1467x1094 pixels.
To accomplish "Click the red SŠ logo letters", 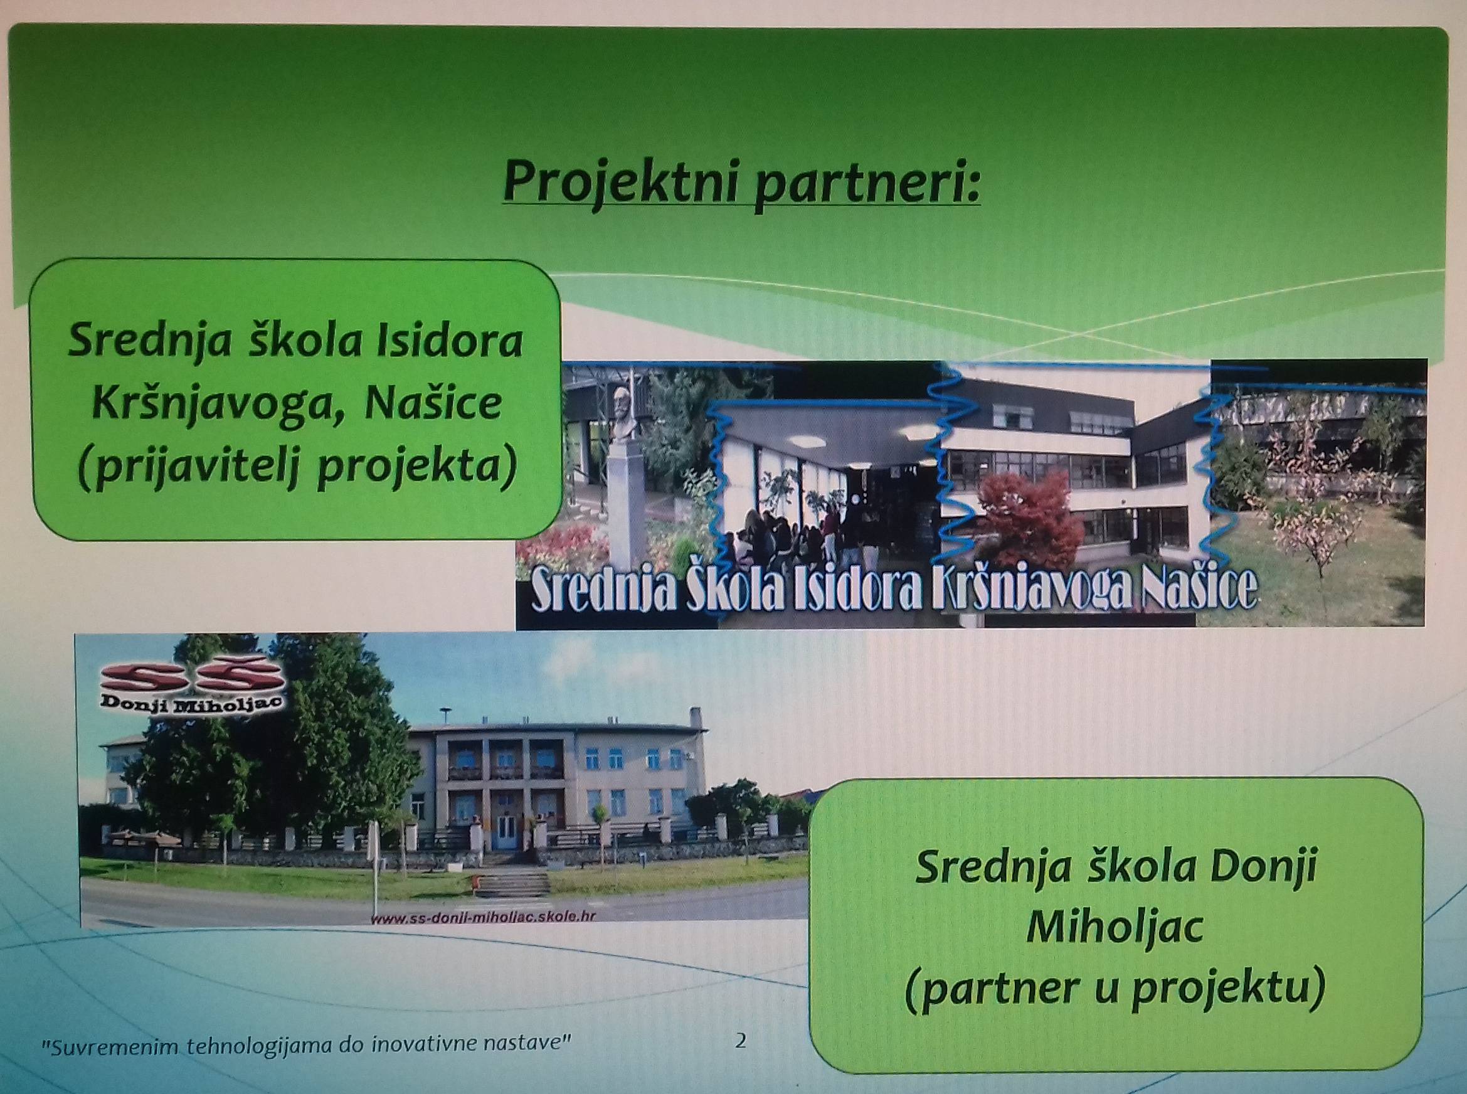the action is pos(193,678).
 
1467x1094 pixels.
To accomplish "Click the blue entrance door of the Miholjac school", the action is pos(506,832).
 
